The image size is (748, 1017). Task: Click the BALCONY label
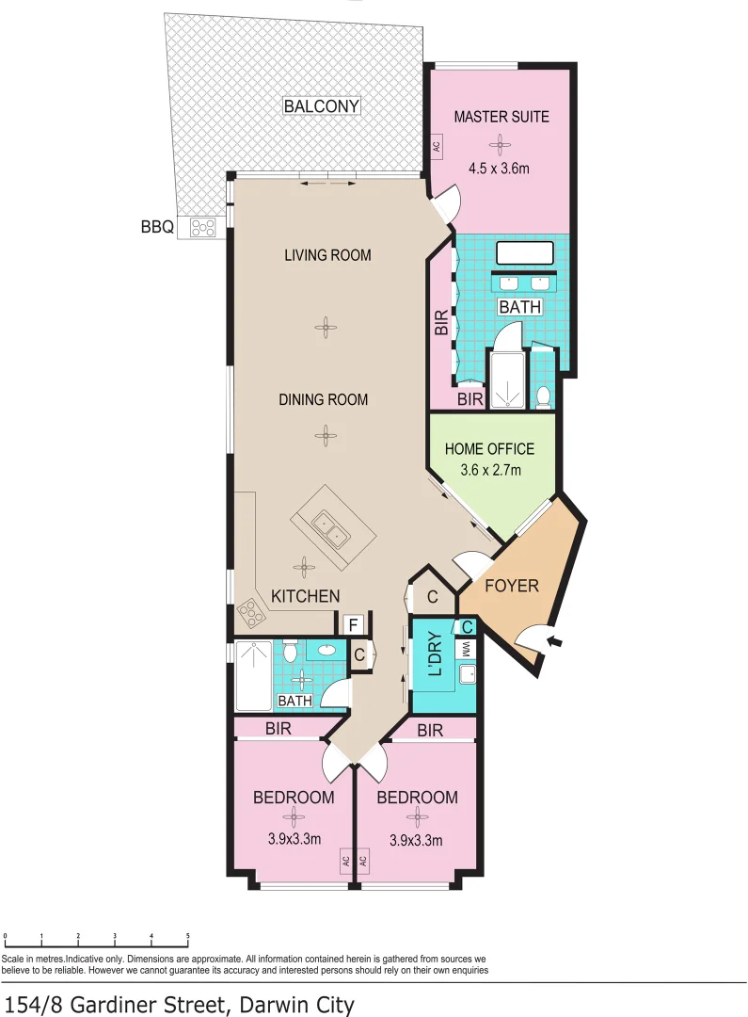coord(321,106)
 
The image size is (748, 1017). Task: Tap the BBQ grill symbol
coord(202,227)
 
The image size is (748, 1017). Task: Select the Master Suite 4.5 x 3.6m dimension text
coord(500,169)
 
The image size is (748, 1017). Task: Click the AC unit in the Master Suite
coord(436,146)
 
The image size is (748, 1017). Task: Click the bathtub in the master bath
coord(524,253)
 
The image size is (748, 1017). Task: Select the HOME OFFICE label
coord(489,449)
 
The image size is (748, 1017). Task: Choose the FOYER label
coord(511,586)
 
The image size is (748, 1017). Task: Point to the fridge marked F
coord(353,624)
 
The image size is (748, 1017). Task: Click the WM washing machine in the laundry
coord(465,648)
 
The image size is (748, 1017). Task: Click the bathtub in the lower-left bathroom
coord(252,675)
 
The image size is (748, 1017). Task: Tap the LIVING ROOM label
coord(327,255)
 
